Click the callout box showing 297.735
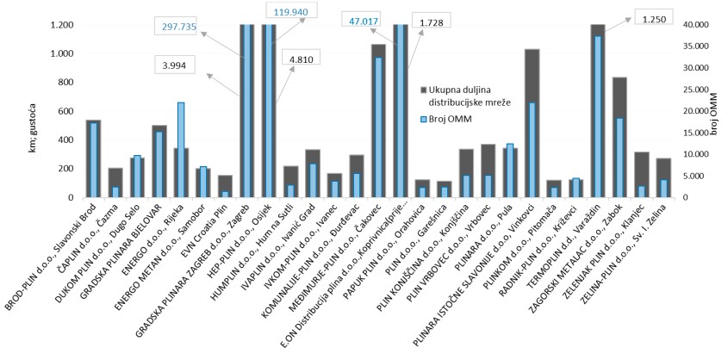point(178,27)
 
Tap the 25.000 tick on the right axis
point(694,90)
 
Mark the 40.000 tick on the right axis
point(694,24)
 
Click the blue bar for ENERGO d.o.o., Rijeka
point(181,150)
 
